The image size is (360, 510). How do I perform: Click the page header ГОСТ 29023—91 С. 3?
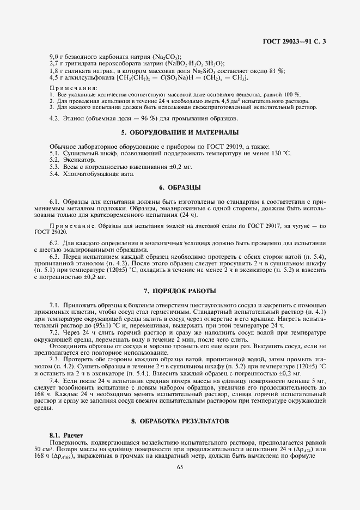click(x=295, y=41)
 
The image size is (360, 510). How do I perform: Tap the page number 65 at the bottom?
click(x=180, y=466)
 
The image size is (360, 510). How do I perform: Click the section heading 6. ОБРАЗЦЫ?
click(x=180, y=187)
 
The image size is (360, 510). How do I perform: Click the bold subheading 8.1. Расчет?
click(x=64, y=435)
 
